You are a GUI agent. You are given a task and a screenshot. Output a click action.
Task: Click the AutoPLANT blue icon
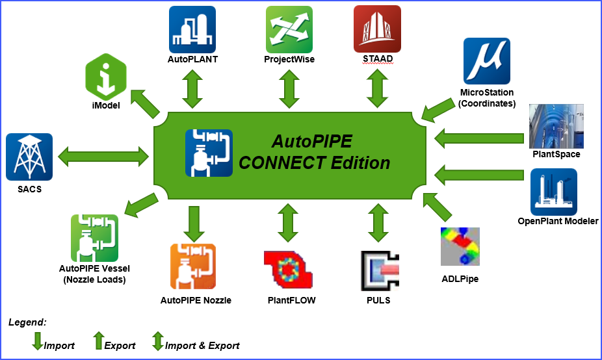192,29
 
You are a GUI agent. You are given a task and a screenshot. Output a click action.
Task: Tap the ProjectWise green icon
289,29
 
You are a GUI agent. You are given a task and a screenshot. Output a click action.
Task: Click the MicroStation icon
486,61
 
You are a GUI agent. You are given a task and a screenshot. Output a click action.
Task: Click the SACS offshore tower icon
29,157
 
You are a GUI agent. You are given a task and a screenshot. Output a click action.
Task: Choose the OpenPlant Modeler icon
553,192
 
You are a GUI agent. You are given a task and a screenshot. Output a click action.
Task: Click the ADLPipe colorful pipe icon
460,247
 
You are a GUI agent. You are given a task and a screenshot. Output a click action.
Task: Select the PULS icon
379,270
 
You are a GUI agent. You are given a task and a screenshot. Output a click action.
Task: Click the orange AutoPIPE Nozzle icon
193,266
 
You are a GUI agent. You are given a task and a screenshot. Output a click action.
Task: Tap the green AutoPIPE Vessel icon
94,238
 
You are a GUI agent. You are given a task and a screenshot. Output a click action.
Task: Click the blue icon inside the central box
209,153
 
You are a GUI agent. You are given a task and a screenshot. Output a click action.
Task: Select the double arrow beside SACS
103,156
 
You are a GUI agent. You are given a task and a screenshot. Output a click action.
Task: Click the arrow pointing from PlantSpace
480,138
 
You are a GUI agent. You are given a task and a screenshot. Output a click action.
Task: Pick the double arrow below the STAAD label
377,88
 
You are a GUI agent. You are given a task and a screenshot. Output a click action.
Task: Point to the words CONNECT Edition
315,162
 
